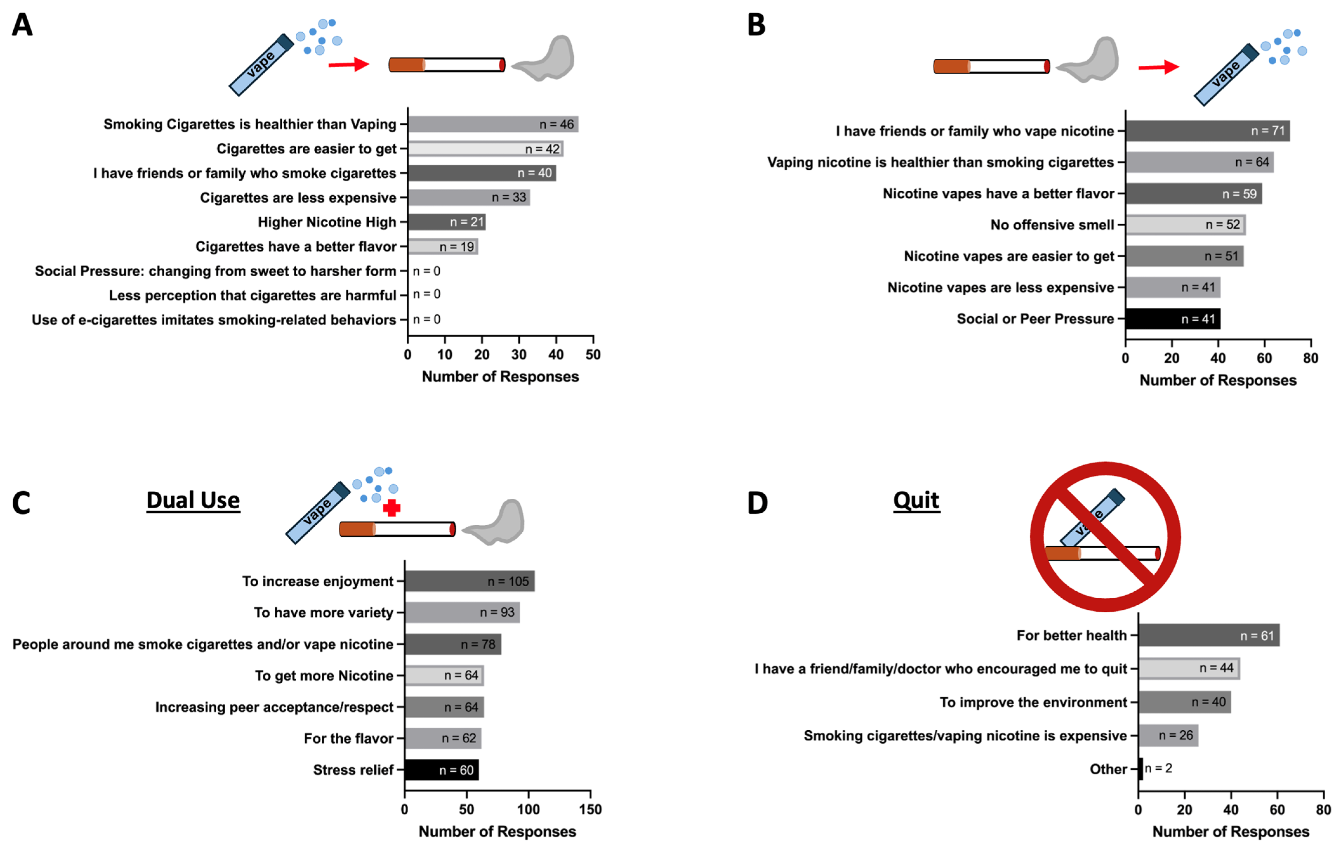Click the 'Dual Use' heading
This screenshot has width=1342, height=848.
(193, 500)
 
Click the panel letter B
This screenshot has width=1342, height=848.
(756, 25)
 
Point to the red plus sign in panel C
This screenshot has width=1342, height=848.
(392, 508)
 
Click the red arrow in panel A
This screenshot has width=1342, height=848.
(348, 65)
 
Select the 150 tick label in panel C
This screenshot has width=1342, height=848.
(590, 810)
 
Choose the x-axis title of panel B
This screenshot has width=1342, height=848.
(1218, 381)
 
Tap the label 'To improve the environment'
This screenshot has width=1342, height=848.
(1033, 702)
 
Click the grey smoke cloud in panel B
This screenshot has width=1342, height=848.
(1089, 60)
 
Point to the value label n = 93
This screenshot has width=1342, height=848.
(497, 612)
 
